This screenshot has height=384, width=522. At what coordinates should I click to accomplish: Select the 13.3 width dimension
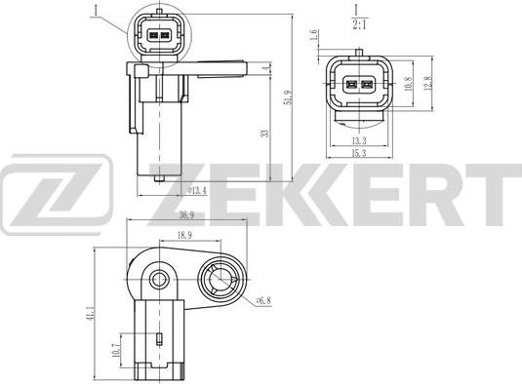[x=360, y=138]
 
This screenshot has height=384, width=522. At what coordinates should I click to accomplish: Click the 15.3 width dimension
[x=360, y=153]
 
